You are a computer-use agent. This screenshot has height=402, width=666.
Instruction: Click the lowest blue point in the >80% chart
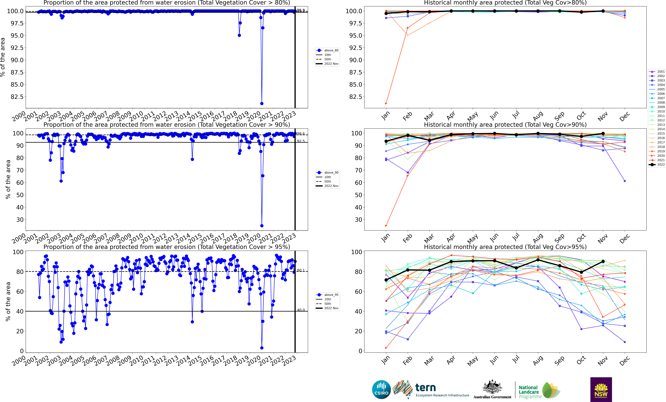[x=262, y=104]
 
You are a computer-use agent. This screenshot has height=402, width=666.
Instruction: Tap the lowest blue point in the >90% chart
[x=262, y=226]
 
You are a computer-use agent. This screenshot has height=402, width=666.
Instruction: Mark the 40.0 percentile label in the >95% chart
[x=301, y=310]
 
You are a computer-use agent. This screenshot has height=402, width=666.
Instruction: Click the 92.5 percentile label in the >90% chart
[x=301, y=141]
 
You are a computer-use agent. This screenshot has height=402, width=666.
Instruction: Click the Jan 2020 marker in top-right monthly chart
[x=386, y=104]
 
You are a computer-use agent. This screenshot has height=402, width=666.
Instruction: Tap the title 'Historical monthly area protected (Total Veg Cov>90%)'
[x=505, y=125]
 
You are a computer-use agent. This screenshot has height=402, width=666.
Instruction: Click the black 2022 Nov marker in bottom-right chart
[x=603, y=261]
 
